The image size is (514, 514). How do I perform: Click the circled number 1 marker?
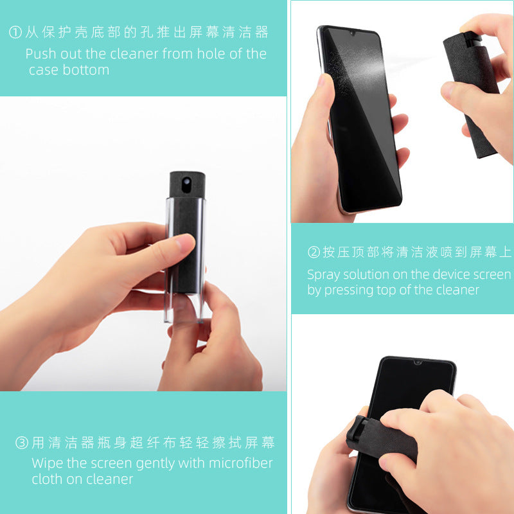[16, 32]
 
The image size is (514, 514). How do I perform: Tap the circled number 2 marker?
[314, 253]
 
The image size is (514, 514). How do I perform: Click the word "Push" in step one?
[40, 54]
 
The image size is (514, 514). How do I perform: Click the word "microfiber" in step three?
[240, 463]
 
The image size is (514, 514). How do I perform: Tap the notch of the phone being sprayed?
[351, 32]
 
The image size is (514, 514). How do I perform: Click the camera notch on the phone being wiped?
[417, 362]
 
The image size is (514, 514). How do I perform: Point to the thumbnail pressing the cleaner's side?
[185, 243]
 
